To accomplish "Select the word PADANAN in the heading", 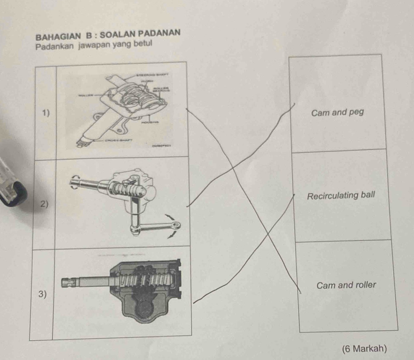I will (x=159, y=32).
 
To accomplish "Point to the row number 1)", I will (x=46, y=113).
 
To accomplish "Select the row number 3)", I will (x=42, y=294).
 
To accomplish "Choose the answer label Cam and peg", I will (x=337, y=113).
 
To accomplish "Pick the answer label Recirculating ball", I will (x=341, y=195).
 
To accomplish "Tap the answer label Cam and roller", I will (x=346, y=285).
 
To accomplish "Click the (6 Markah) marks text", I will (x=364, y=349).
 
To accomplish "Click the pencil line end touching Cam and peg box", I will (x=294, y=104).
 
